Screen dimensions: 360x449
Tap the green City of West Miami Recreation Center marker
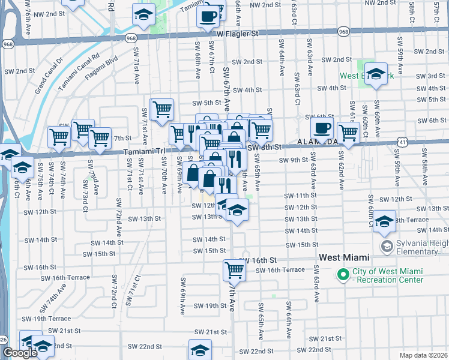pos(343,275)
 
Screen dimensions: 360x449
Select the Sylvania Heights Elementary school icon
pos(387,246)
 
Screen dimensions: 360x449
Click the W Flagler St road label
pos(237,34)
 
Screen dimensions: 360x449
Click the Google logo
pos(20,353)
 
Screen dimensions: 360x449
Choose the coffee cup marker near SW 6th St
pos(322,127)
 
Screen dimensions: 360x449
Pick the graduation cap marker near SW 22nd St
pos(200,349)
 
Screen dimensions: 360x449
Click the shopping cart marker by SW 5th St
pos(162,109)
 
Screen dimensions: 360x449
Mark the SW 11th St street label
pos(300,196)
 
